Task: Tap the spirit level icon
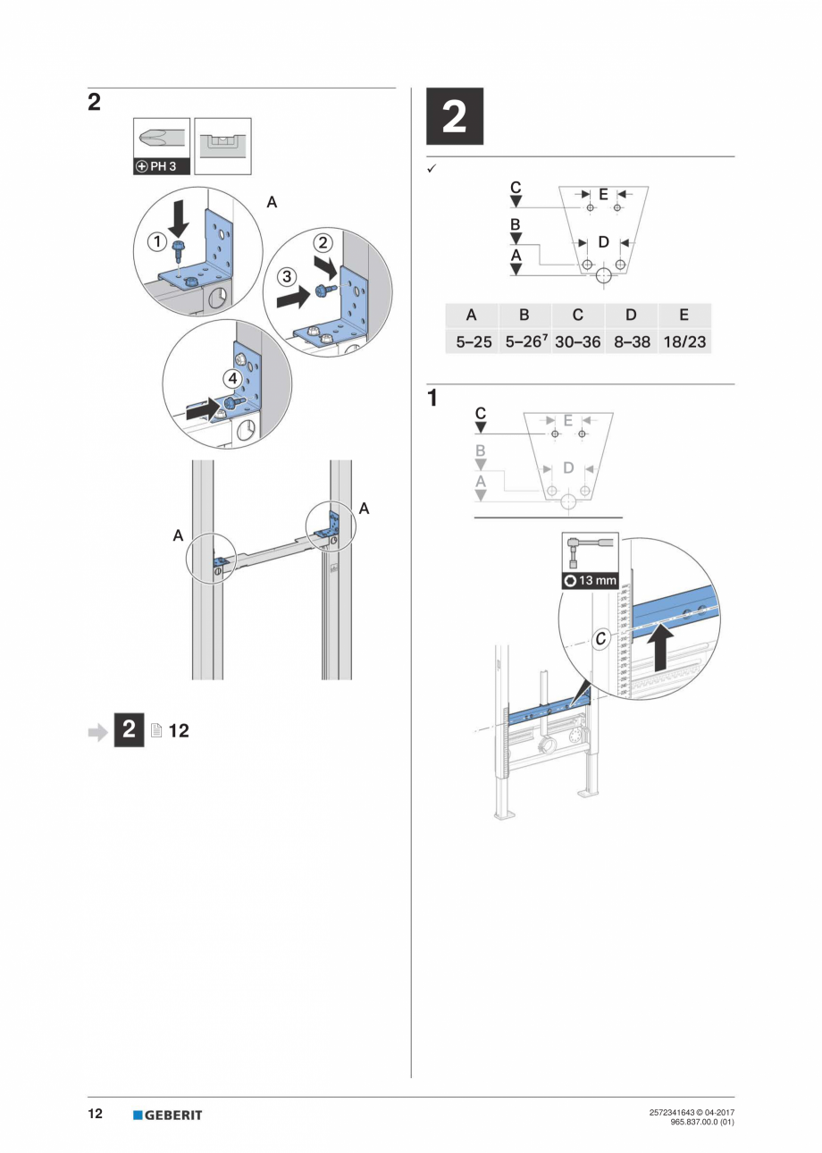[222, 146]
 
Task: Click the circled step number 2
[323, 242]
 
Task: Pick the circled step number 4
[233, 378]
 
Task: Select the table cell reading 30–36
[577, 341]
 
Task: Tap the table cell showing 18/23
[684, 341]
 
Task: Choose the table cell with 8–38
[631, 341]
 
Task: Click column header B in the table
[524, 315]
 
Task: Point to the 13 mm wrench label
[591, 580]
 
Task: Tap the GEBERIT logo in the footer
[167, 1115]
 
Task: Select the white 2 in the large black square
[454, 116]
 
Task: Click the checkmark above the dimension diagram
[432, 169]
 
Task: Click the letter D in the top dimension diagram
[604, 242]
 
